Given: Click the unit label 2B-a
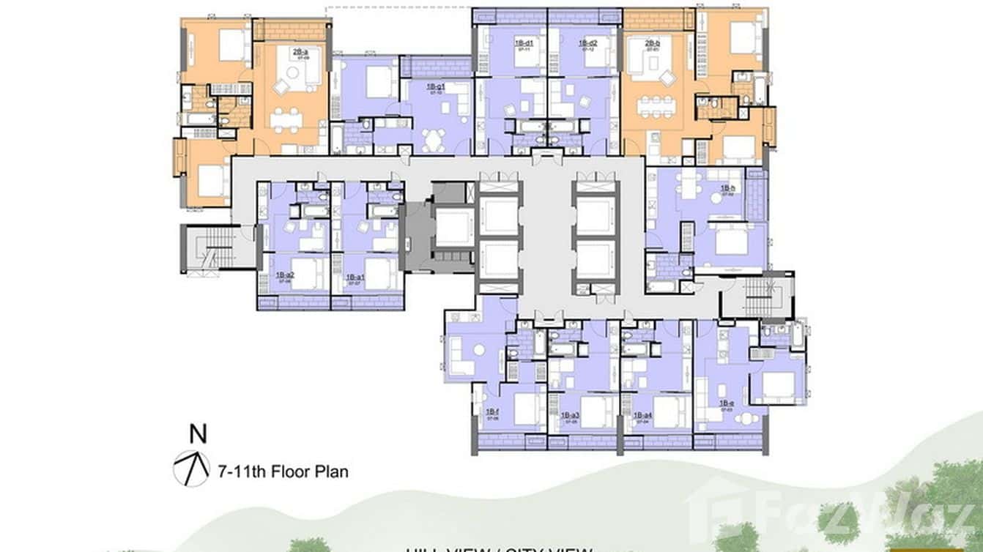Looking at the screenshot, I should coord(300,51).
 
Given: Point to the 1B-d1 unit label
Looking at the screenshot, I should coord(524,43).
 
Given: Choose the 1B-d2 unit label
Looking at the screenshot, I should coord(588,43).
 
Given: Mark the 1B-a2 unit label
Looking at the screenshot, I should coord(285,276).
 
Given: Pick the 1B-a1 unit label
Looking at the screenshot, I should coord(356,277).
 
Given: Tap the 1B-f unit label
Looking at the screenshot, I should coord(492,412).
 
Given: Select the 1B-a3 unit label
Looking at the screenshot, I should coord(570,415).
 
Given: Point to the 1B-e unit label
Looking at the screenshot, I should coord(727,403).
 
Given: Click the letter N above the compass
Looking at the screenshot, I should coord(197,433).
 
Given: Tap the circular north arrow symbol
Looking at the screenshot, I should coord(190,469).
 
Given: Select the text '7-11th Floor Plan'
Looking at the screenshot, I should coord(283,471).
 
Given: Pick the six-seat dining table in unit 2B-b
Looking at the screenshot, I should coord(655,107).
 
